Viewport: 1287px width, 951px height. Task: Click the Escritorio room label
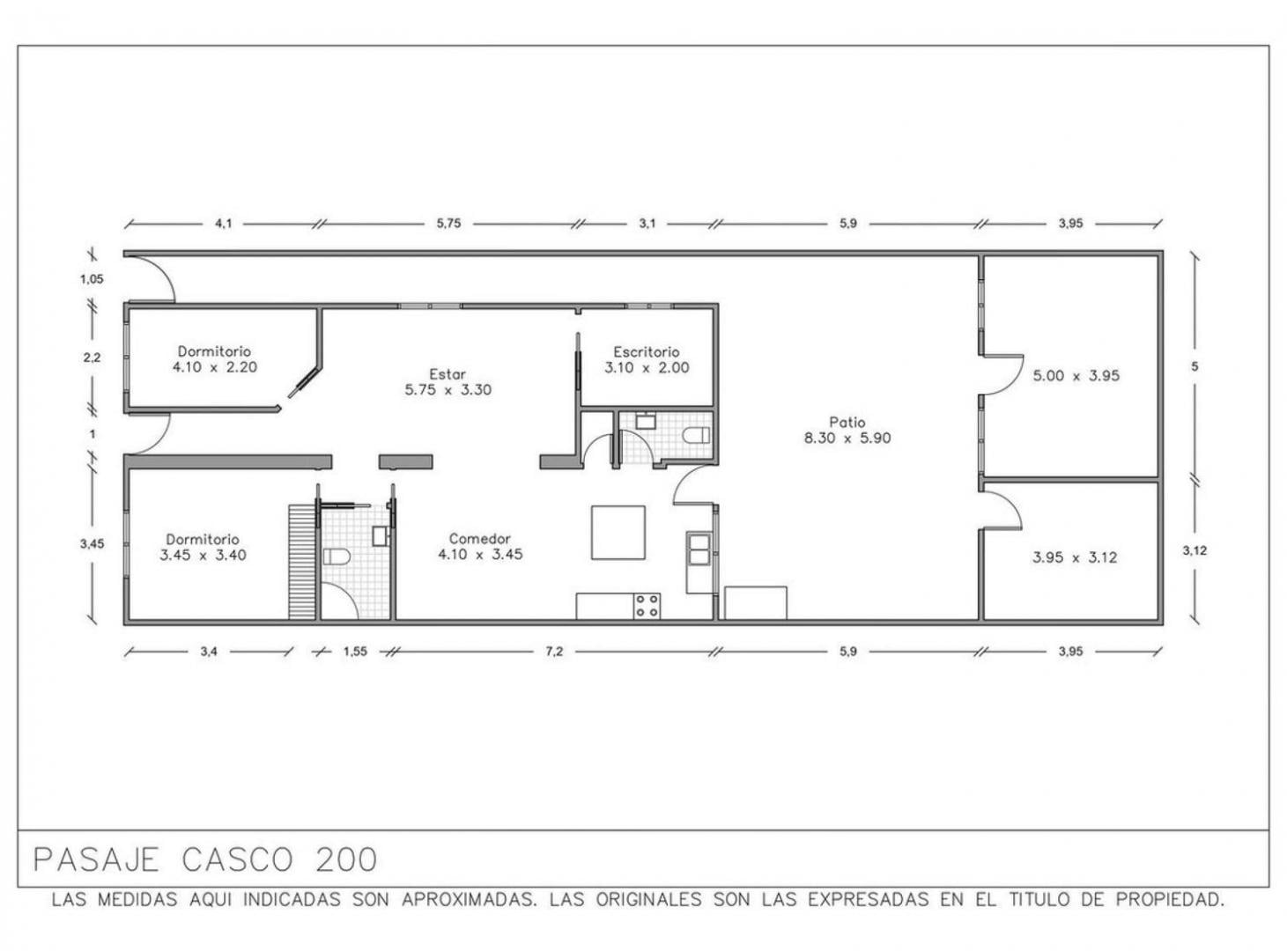pos(647,351)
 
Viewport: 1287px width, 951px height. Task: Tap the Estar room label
pos(447,373)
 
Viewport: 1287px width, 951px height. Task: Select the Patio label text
pos(847,422)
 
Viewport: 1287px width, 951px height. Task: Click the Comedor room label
pos(480,538)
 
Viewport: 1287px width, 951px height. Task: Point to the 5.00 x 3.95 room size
pos(1076,375)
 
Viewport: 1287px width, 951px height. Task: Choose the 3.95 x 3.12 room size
pos(1075,557)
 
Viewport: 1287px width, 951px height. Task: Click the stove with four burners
pos(647,606)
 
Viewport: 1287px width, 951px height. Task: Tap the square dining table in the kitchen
pos(618,533)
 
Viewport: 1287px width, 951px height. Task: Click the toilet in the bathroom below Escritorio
pos(696,435)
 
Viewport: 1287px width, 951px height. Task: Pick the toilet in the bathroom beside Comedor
pos(336,557)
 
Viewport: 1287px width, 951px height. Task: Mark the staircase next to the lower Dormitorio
pos(302,563)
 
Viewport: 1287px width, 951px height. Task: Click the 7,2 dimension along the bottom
pos(553,652)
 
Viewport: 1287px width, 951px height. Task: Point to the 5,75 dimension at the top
pos(448,224)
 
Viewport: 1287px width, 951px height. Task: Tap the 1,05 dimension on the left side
pos(92,279)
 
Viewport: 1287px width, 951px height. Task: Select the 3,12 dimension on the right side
pos(1195,550)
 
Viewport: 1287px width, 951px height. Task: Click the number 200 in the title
pos(346,860)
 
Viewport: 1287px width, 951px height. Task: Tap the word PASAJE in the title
pos(96,860)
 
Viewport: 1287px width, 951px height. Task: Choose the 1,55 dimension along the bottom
pos(355,652)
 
